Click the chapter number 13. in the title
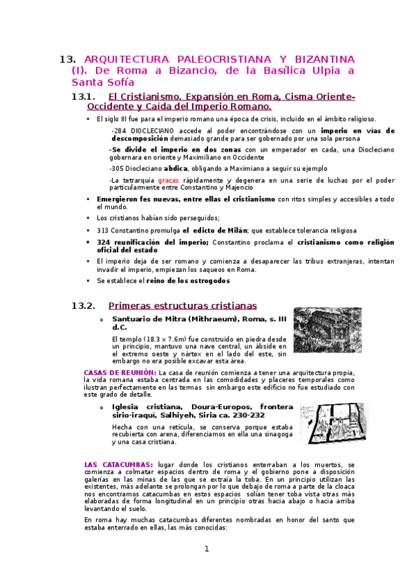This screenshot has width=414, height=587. coord(68,59)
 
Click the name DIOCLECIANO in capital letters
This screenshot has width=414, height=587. coord(151,130)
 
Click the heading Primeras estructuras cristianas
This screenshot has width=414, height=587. coord(182,305)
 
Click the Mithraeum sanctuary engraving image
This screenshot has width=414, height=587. coord(327,330)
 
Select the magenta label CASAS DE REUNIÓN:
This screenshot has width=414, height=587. coord(120,372)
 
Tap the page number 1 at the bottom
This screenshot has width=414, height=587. coord(206,549)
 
